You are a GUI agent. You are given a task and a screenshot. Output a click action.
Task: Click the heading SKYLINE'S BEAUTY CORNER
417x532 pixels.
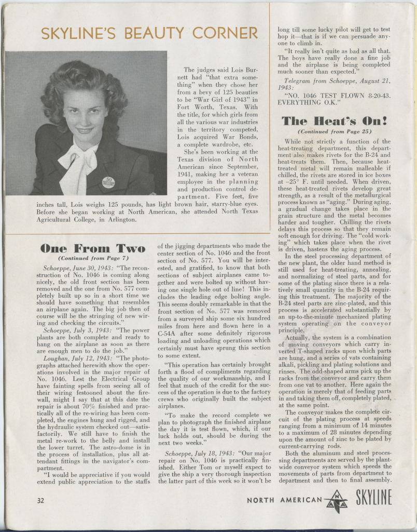point(149,33)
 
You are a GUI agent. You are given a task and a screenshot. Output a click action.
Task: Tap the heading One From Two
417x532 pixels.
point(93,248)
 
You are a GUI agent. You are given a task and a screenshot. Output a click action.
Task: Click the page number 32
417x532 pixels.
point(41,500)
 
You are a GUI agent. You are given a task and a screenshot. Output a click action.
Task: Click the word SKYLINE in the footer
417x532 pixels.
point(374,500)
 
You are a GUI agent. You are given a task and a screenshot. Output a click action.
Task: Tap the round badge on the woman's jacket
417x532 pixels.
point(108,182)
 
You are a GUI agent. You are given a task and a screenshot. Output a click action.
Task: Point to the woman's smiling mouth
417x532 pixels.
point(84,130)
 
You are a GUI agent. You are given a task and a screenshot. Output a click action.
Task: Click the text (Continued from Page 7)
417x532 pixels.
point(93,258)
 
